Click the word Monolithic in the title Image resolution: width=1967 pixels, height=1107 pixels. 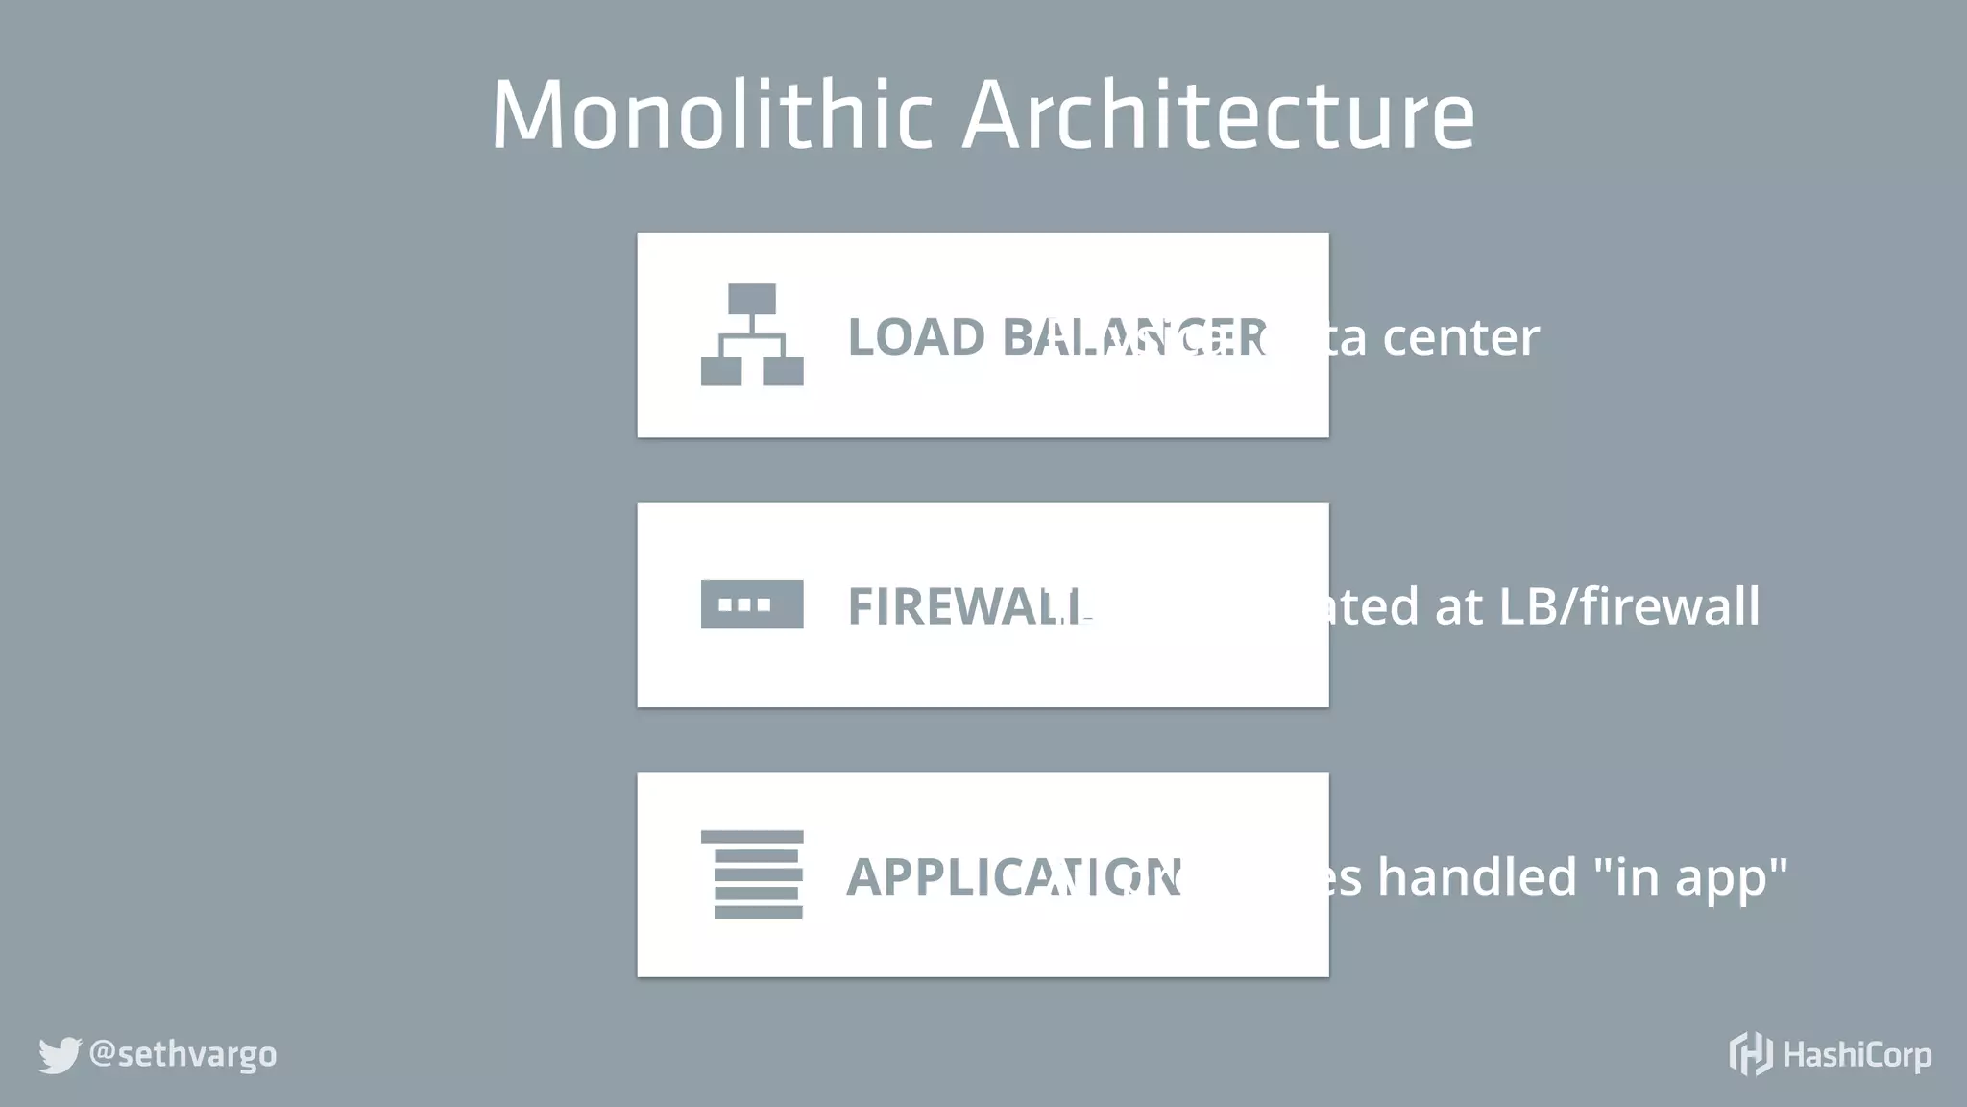tap(711, 115)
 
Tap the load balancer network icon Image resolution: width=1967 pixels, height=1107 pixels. tap(752, 334)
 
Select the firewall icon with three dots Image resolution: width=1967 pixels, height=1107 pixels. tap(752, 604)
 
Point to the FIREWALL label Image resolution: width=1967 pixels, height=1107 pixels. tap(965, 606)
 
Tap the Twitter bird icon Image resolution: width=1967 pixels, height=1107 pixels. tap(60, 1055)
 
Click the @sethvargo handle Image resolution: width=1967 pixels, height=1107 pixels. tap(182, 1054)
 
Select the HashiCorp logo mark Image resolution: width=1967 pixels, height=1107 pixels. tap(1750, 1054)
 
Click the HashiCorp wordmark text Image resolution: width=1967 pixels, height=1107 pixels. tap(1857, 1055)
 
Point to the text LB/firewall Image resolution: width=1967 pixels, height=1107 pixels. tap(1629, 606)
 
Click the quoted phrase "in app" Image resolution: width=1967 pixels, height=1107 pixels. tap(1690, 876)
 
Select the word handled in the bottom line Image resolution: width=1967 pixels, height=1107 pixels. tap(1476, 876)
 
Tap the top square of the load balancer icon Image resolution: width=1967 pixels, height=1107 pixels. tap(752, 299)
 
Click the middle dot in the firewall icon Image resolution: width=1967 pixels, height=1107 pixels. tap(744, 604)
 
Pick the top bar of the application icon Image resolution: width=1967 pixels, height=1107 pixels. tap(752, 837)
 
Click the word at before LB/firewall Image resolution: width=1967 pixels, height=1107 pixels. tap(1459, 607)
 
